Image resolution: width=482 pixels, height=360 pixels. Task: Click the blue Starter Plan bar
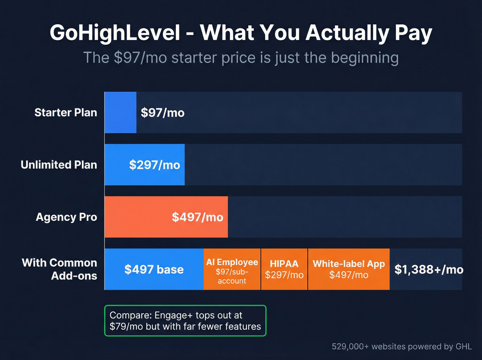120,112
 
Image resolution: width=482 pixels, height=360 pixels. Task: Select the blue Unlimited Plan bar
145,165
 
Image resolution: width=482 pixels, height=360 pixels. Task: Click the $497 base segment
154,269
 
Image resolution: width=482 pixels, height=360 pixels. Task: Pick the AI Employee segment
232,269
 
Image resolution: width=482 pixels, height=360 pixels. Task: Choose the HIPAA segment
284,269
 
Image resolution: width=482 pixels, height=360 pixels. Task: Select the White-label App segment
349,269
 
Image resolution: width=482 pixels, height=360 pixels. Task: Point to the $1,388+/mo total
429,269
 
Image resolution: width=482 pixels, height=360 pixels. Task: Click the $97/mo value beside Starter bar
163,113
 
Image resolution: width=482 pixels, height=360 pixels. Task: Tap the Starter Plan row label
66,113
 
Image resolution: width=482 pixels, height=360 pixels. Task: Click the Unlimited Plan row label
59,165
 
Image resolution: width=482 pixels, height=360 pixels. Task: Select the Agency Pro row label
66,217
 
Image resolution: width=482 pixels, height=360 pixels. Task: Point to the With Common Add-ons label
60,269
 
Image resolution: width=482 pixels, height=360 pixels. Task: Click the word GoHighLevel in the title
115,33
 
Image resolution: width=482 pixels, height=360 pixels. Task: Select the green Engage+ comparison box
185,321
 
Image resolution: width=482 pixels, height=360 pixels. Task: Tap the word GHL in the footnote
463,347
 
